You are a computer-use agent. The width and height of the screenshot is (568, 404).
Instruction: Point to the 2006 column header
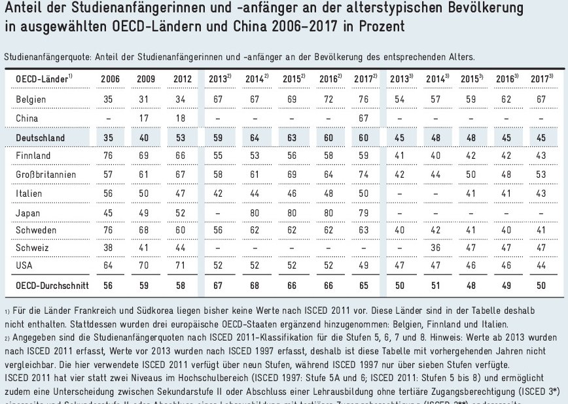point(109,79)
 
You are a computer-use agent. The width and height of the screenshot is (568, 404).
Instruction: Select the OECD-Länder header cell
point(43,79)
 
